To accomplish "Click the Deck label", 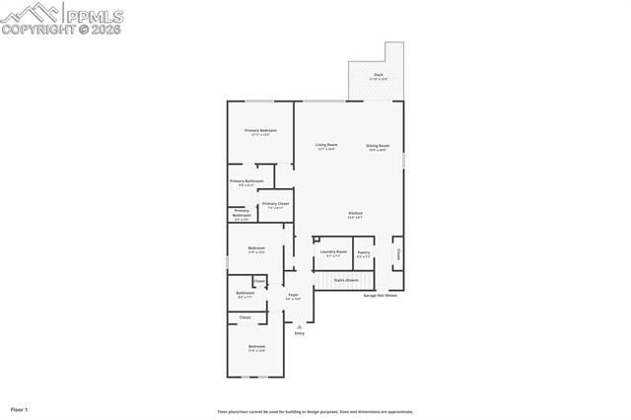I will point(378,75).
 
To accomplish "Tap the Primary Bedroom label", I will point(260,131).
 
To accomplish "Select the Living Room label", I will point(326,146).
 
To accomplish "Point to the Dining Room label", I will point(378,146).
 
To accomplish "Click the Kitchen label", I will point(355,214).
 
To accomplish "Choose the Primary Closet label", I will point(275,204).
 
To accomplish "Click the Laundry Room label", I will point(334,252).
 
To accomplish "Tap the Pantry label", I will point(364,252).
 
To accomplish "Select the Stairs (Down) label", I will point(346,280).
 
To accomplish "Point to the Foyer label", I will point(293,295).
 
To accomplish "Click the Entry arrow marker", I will point(299,326).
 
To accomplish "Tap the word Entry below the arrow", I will point(299,333).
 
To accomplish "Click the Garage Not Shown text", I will point(381,295).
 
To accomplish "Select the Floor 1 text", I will point(19,408).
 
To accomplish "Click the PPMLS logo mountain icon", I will point(31,14).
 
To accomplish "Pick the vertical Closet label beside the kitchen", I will point(398,254).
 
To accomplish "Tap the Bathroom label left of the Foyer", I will point(245,293).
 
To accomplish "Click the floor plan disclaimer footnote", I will point(315,412).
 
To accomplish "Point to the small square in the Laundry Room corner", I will point(316,240).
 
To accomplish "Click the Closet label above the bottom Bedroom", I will point(245,317).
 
